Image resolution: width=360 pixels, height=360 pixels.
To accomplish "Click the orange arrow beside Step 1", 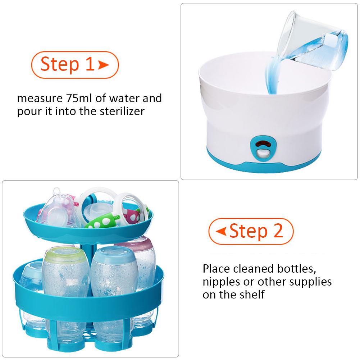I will [103, 65].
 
